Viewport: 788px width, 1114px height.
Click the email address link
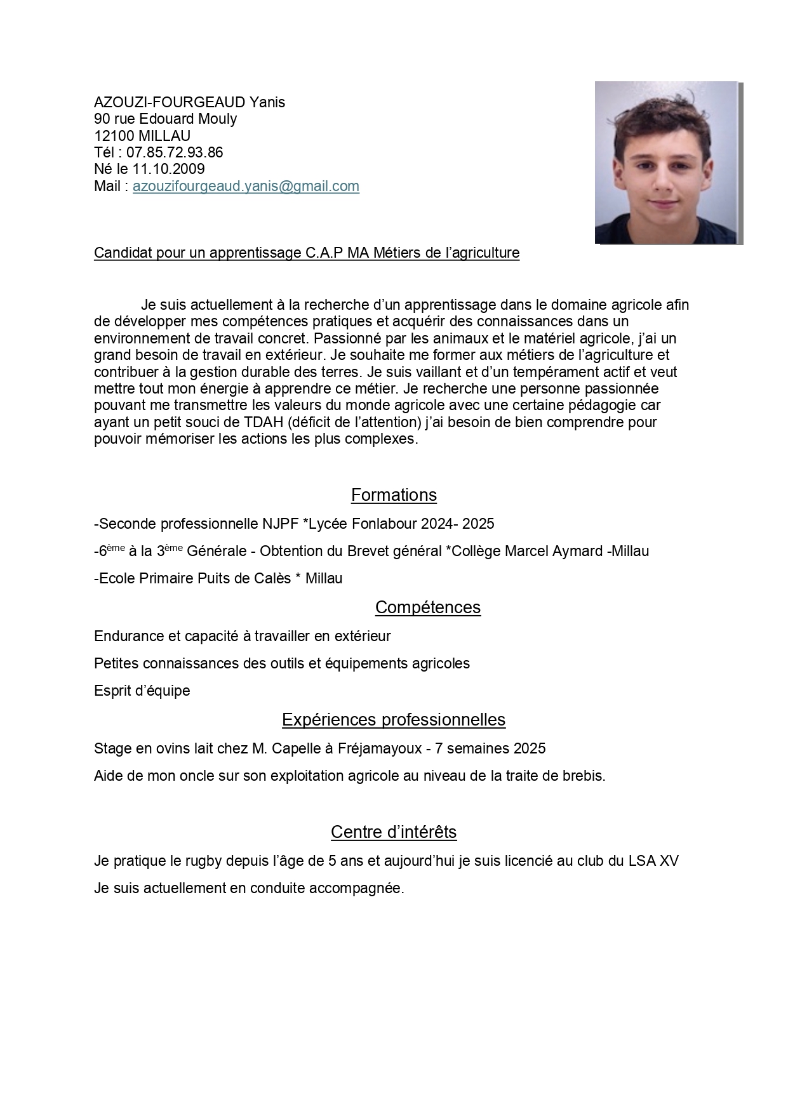(246, 186)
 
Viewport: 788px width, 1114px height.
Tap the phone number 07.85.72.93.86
(175, 152)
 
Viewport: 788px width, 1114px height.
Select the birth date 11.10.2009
(168, 169)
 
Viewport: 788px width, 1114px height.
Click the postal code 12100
(114, 136)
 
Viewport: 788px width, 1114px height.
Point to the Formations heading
(394, 495)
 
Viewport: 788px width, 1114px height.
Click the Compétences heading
(427, 607)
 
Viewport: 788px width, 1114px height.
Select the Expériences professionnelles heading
(394, 720)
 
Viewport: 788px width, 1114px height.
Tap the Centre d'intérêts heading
(394, 832)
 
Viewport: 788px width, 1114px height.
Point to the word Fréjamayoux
(380, 748)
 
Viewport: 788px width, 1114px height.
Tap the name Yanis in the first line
(267, 102)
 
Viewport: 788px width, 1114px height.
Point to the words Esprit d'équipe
(142, 691)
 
